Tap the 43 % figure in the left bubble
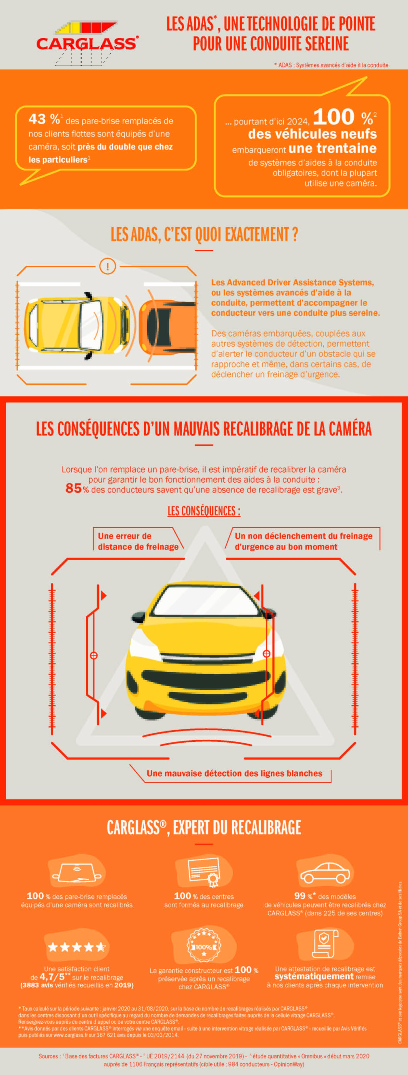point(44,119)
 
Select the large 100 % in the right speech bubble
point(344,117)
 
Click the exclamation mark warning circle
point(108,266)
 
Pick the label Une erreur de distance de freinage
point(137,541)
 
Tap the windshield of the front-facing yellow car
point(204,601)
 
